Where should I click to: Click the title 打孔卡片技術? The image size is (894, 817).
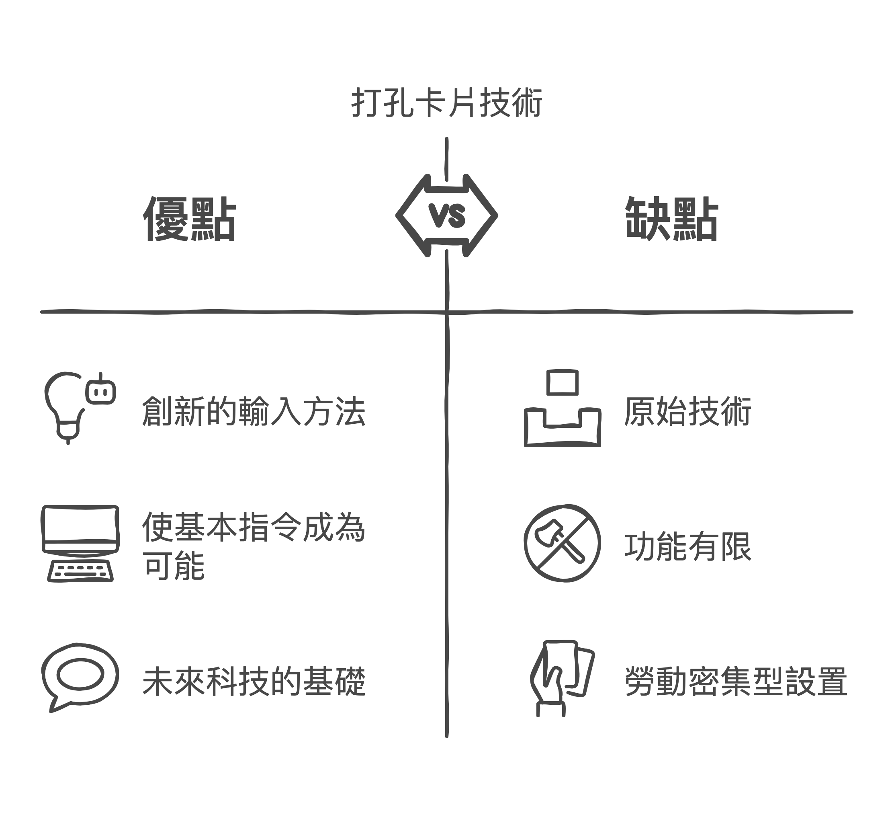(447, 103)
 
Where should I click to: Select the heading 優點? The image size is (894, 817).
(190, 219)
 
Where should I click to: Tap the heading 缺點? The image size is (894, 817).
(671, 219)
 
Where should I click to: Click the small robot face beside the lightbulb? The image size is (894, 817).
(101, 390)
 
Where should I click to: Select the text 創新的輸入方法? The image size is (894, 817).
(254, 411)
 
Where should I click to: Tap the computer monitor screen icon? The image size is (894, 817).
(80, 530)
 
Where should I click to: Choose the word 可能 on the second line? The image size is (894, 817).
(174, 566)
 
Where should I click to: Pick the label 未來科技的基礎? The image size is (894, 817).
(254, 682)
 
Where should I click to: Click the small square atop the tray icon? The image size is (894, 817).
(562, 382)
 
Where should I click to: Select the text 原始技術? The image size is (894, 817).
(688, 411)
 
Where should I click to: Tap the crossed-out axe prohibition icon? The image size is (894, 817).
(562, 543)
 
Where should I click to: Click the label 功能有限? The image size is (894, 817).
(688, 546)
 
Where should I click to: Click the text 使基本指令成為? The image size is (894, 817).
(254, 527)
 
